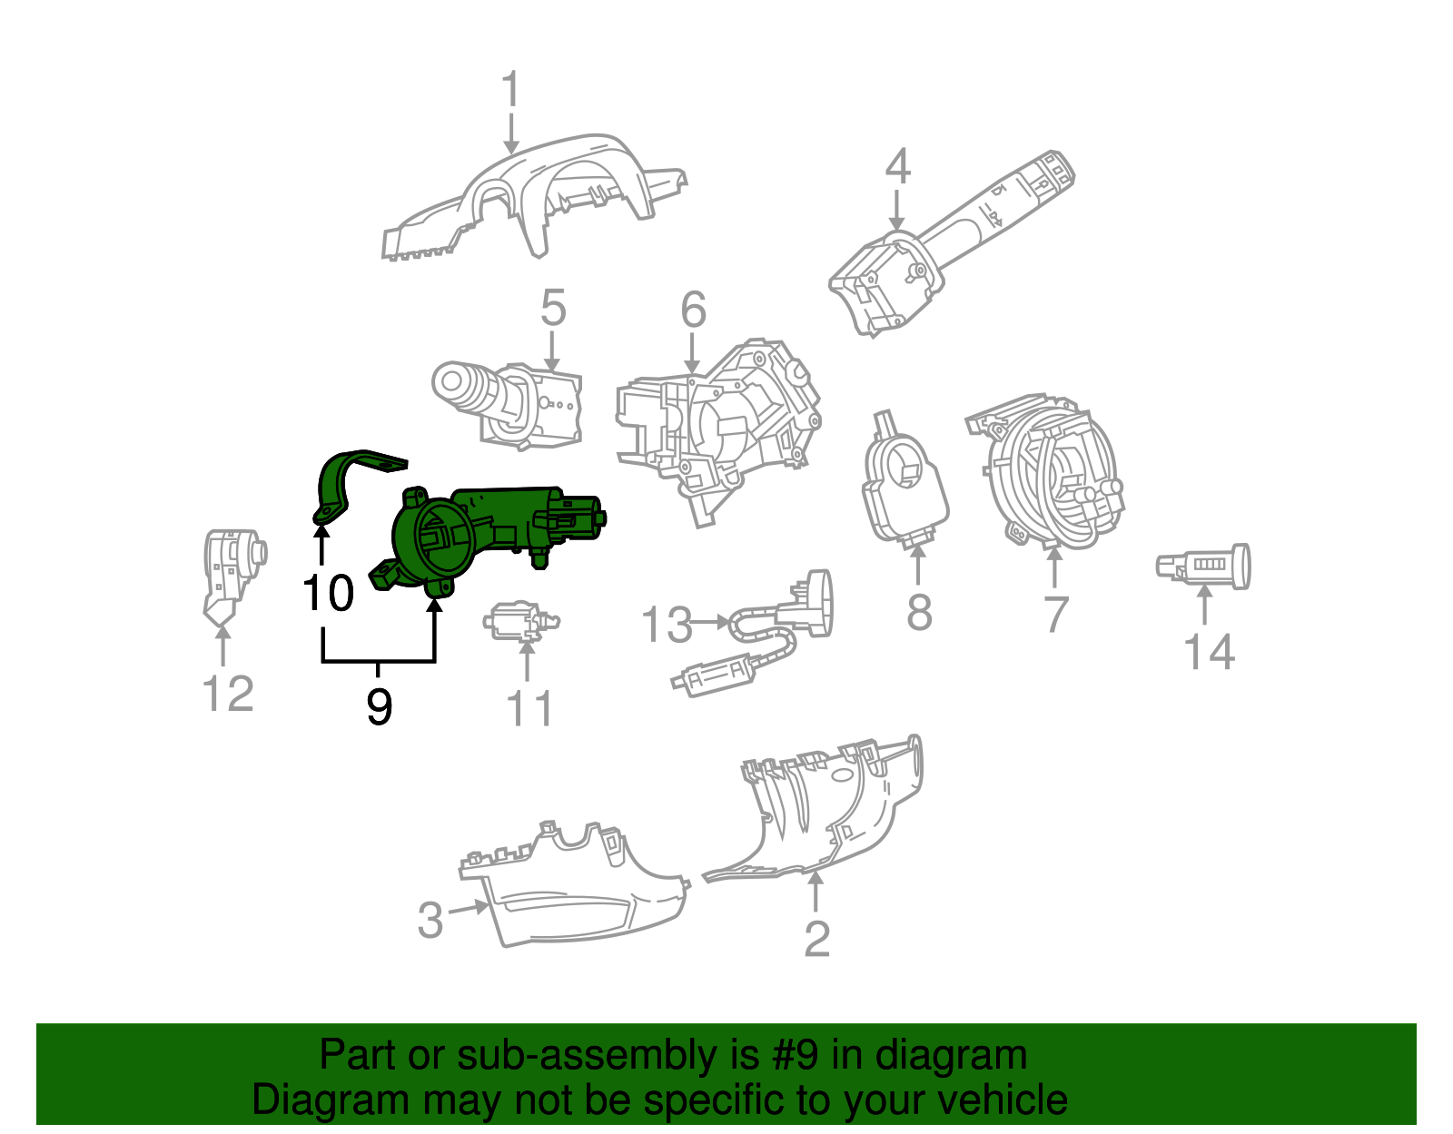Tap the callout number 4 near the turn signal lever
[x=897, y=167]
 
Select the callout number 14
[x=1209, y=653]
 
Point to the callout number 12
[x=227, y=695]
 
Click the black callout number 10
[x=328, y=594]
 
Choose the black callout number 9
[x=379, y=706]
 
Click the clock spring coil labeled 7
[x=1053, y=472]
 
